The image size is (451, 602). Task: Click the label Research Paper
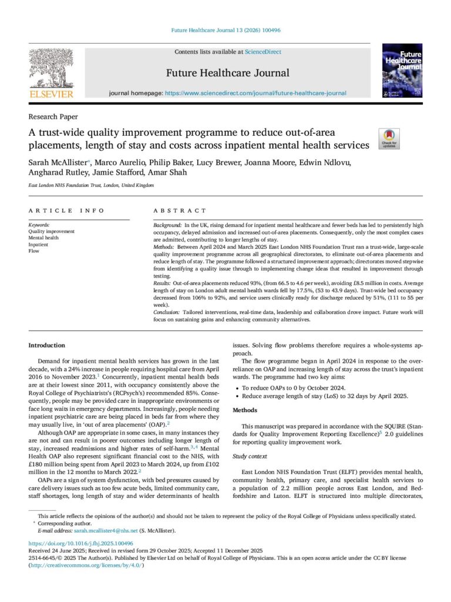point(53,116)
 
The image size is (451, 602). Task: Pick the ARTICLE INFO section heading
point(66,210)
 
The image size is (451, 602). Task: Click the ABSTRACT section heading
point(180,210)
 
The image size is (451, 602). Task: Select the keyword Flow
point(34,250)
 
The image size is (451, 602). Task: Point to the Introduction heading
point(47,345)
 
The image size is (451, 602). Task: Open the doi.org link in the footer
point(81,543)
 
